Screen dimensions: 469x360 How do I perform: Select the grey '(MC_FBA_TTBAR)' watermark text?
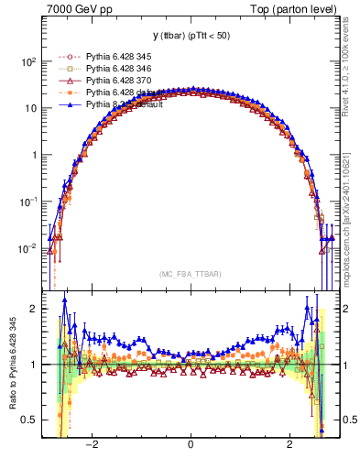[x=191, y=274]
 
